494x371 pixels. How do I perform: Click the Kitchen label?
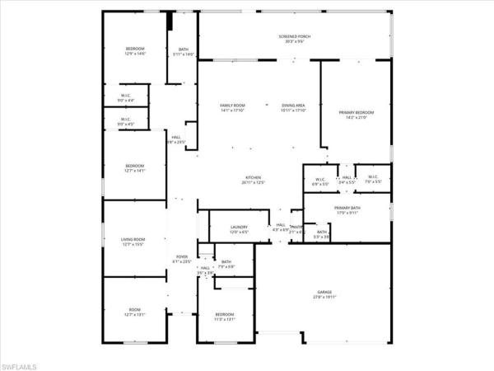pos(253,180)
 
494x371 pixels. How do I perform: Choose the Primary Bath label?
pos(348,210)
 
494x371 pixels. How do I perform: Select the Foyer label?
pos(182,259)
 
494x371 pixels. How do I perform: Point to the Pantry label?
pos(296,228)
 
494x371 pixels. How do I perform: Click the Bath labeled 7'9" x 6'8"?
pos(226,265)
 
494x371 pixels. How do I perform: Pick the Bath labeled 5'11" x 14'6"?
pos(184,51)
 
